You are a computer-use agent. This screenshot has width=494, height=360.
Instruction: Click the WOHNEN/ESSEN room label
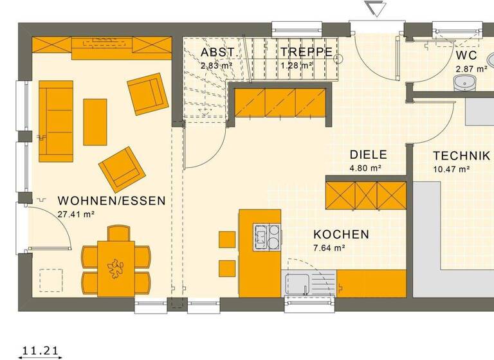point(111,201)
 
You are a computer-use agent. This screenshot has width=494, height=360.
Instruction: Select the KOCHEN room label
point(341,234)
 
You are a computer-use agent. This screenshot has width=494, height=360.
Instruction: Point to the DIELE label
point(368,155)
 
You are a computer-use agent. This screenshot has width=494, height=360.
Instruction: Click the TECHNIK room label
point(461,156)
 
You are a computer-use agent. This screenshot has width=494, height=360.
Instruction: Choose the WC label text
point(466,56)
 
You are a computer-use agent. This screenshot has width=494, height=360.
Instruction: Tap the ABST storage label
point(217,52)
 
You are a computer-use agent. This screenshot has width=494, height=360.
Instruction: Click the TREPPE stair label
point(306,52)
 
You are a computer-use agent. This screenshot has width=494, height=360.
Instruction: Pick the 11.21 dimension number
point(41,350)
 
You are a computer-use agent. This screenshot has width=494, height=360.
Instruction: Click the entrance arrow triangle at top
point(373,9)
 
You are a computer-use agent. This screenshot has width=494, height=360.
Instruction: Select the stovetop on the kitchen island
point(267,235)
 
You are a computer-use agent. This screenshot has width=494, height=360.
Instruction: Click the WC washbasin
point(464,83)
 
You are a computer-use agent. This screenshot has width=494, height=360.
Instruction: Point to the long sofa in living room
point(56,120)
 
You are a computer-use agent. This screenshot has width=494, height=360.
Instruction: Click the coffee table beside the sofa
point(95,122)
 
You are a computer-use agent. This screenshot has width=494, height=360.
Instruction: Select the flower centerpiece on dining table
point(116,266)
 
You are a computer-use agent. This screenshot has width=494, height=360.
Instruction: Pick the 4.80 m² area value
point(365,168)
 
